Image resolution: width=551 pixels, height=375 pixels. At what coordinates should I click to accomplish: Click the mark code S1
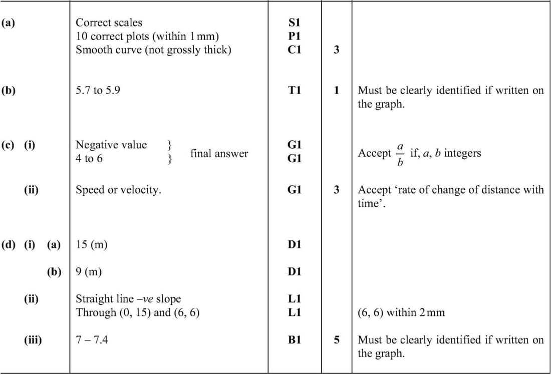click(x=294, y=23)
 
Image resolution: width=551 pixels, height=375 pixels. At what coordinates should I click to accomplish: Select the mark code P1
click(x=294, y=36)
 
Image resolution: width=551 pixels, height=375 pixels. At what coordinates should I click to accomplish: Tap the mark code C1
click(x=294, y=50)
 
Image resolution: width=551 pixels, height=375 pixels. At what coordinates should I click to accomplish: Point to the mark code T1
click(x=294, y=91)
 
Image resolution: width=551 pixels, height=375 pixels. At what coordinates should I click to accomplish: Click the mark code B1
click(x=294, y=340)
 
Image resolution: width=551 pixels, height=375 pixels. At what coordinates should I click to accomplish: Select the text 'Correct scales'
click(x=109, y=23)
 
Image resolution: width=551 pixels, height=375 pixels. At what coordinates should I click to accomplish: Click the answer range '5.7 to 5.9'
click(x=98, y=91)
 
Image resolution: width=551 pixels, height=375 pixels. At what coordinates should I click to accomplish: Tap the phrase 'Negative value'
click(x=111, y=145)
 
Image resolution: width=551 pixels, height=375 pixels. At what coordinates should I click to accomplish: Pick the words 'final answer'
click(x=219, y=154)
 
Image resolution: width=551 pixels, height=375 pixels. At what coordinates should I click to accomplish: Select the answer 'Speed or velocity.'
click(x=118, y=190)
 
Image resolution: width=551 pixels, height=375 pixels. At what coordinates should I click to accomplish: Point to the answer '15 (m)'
click(x=91, y=245)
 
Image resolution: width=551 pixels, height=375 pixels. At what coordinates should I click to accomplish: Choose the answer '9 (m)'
click(x=89, y=272)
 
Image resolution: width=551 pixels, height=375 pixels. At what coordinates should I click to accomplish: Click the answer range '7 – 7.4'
click(x=91, y=340)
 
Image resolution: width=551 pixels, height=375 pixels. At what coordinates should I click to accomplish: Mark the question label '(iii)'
click(x=33, y=340)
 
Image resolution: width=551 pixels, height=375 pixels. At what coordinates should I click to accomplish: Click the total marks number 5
click(x=337, y=340)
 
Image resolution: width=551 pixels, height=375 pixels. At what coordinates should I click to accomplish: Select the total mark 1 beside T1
click(x=337, y=91)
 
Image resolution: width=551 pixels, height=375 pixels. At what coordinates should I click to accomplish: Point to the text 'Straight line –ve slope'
click(x=128, y=299)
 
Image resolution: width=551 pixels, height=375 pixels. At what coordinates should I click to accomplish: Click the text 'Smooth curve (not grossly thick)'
click(x=153, y=50)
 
